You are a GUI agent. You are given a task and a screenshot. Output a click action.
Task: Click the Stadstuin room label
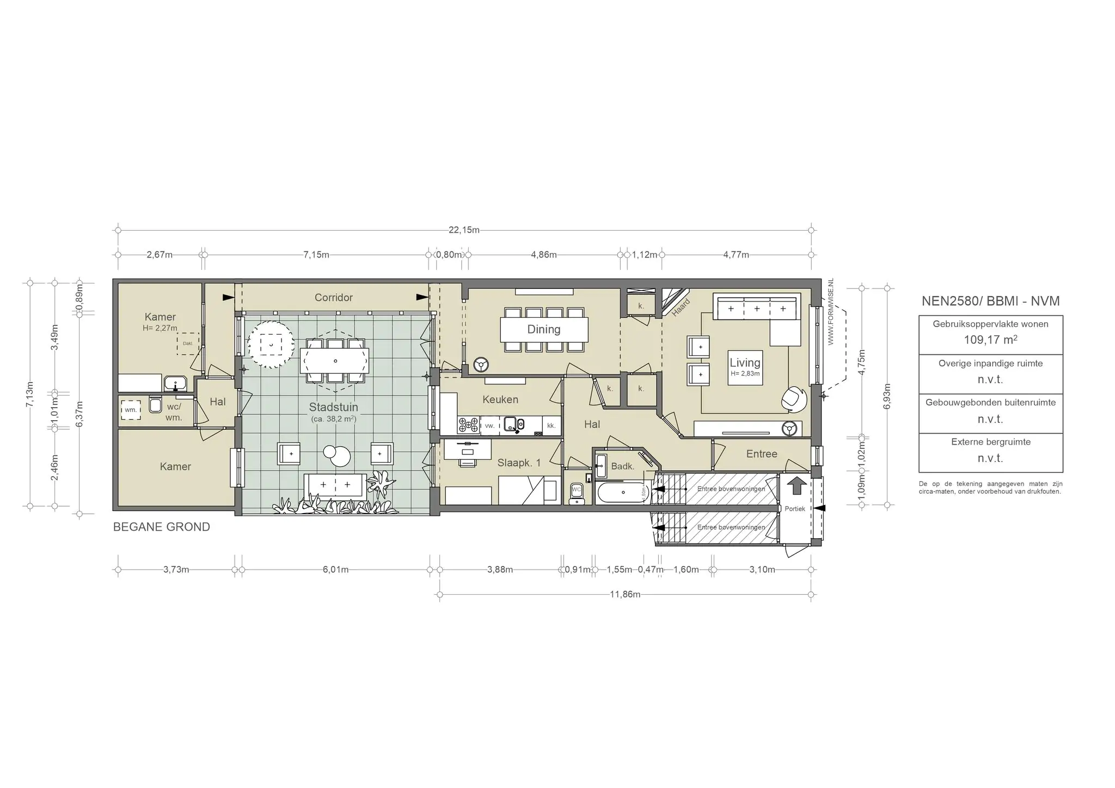coord(333,407)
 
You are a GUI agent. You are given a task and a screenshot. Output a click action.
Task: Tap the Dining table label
coord(543,329)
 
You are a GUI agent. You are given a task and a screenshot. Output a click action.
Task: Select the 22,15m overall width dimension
coord(464,230)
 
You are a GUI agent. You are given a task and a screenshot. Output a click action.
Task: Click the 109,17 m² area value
coord(990,340)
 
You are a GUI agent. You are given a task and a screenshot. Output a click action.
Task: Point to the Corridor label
coord(333,298)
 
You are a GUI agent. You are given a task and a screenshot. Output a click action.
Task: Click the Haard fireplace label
coord(681,307)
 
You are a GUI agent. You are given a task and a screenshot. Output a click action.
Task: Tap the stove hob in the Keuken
coord(468,425)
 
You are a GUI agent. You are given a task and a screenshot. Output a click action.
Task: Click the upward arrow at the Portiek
coord(797,485)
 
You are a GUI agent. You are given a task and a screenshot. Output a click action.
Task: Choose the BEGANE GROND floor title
coord(161,527)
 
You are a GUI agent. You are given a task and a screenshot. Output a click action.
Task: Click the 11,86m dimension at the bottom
coord(624,594)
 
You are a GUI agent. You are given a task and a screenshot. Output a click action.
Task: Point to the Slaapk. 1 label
coord(519,463)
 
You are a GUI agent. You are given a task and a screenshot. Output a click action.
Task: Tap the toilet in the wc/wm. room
coord(155,405)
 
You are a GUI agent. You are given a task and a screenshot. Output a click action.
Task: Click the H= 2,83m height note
coord(745,374)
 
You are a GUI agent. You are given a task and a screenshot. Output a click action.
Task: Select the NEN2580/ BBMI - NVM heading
coord(990,301)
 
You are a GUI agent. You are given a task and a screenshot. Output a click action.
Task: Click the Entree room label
coord(761,454)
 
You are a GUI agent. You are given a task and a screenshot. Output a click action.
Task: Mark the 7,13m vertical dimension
coord(30,394)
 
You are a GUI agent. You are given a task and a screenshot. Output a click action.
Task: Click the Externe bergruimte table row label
coord(990,442)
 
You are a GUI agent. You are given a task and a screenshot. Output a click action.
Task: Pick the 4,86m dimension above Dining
coord(543,255)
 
